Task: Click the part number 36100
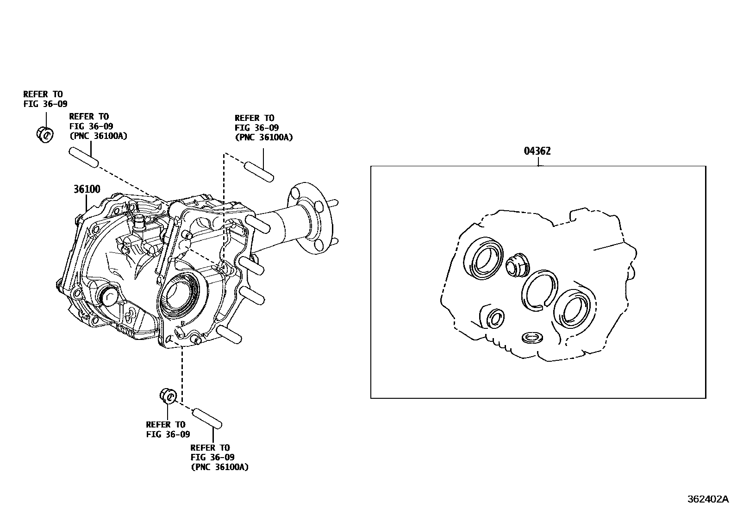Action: [x=87, y=189]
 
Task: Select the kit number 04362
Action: [x=537, y=151]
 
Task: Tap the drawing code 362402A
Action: [x=707, y=499]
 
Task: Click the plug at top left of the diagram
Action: [x=44, y=134]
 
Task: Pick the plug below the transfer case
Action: [x=169, y=396]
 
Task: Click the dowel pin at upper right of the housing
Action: [x=259, y=171]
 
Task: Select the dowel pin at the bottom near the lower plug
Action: [x=207, y=417]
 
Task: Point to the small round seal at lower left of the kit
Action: [x=496, y=318]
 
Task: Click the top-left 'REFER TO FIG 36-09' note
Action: [x=45, y=99]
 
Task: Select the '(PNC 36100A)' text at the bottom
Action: [x=219, y=467]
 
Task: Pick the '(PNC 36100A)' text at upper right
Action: [x=263, y=137]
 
